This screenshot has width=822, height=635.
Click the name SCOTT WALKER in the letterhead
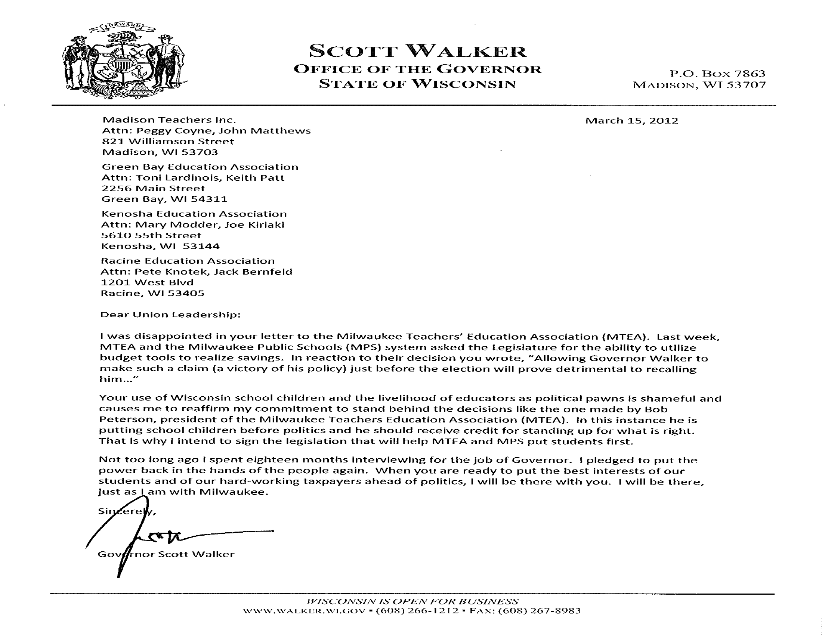click(x=417, y=51)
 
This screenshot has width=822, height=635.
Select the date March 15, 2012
click(x=631, y=121)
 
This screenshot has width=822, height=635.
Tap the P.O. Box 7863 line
click(x=717, y=73)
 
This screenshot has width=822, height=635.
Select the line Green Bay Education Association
click(x=200, y=167)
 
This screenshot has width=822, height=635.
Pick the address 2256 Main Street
click(x=154, y=189)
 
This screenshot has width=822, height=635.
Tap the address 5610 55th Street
click(x=151, y=235)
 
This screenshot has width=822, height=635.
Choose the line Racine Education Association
click(x=188, y=261)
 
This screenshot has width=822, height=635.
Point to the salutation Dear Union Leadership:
click(x=170, y=315)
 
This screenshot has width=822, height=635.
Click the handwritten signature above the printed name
click(x=158, y=534)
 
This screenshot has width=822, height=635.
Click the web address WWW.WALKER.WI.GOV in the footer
click(x=304, y=611)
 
